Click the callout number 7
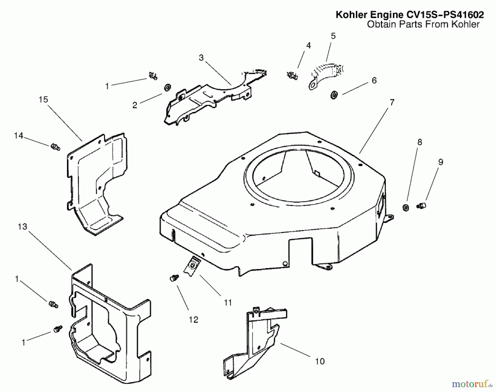click(x=392, y=102)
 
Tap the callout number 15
click(x=43, y=100)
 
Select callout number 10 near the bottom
click(x=320, y=361)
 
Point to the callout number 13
click(x=22, y=227)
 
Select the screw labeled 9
click(x=421, y=205)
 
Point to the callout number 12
click(x=193, y=320)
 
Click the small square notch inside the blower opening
click(x=317, y=173)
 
